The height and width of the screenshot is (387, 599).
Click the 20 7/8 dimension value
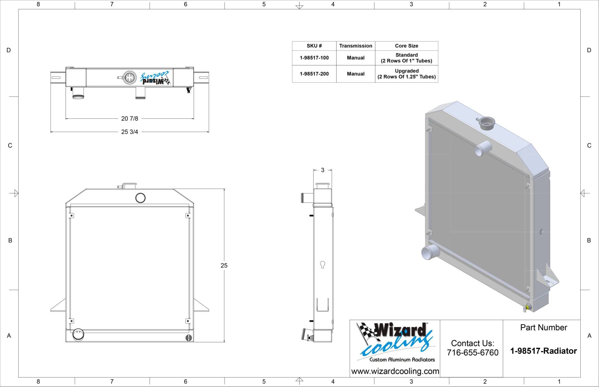129,119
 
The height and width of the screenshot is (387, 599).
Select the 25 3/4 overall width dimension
129,132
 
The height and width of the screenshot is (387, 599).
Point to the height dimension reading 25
224,265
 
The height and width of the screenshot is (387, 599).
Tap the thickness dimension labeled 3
323,170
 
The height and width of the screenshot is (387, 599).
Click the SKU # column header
314,46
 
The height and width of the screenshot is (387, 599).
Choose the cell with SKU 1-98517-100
314,58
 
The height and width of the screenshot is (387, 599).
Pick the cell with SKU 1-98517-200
314,74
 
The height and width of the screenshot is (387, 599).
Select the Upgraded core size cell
407,74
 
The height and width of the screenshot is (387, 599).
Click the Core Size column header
407,46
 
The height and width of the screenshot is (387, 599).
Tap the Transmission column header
356,46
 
